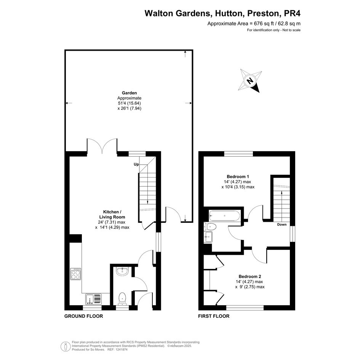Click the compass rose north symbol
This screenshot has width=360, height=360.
(x=250, y=81)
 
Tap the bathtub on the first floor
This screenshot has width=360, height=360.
(x=224, y=216)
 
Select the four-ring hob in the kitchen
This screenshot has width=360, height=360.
(x=75, y=274)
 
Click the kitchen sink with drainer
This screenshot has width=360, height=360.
(x=93, y=299)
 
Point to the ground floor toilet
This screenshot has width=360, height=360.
(x=122, y=299)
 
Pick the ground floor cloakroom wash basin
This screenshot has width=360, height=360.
(x=122, y=272)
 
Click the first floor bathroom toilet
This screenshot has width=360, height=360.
(x=210, y=227)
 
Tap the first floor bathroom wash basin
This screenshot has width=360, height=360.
(x=208, y=237)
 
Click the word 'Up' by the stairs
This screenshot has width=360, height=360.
(x=136, y=165)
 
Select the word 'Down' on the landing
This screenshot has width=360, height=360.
(x=282, y=224)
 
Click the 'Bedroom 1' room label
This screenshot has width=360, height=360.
(x=238, y=176)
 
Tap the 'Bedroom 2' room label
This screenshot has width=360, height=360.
(x=250, y=277)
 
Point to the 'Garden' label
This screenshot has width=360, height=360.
(x=129, y=93)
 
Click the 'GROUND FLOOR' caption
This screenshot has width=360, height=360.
(x=83, y=316)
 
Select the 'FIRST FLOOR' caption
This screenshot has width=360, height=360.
(x=214, y=316)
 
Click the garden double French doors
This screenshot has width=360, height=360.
(x=102, y=145)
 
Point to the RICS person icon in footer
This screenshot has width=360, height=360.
(x=66, y=346)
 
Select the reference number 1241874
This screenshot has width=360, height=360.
(x=120, y=350)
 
